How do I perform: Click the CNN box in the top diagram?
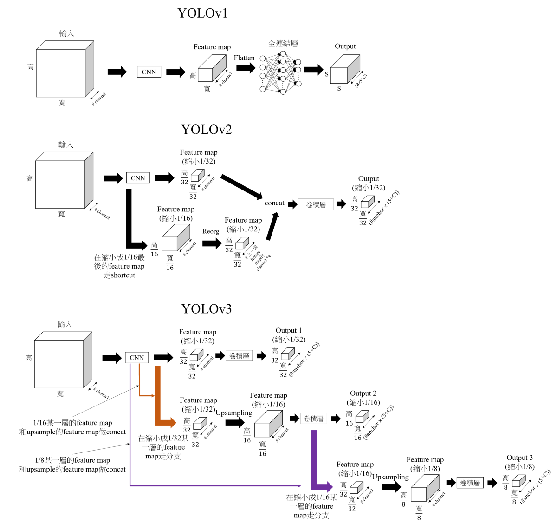(x=149, y=72)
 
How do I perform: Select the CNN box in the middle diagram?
(x=138, y=178)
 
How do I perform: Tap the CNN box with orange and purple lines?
(x=137, y=358)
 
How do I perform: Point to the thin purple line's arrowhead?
(x=299, y=486)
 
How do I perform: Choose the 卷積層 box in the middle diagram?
(x=316, y=204)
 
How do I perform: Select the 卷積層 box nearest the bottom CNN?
(x=240, y=356)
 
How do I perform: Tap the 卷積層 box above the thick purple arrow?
(x=314, y=419)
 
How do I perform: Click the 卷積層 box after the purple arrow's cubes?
(x=470, y=483)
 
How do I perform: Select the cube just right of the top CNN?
(x=211, y=69)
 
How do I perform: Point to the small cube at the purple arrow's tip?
(x=356, y=488)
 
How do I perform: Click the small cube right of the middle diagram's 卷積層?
(x=367, y=202)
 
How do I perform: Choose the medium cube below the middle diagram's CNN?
(x=175, y=238)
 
